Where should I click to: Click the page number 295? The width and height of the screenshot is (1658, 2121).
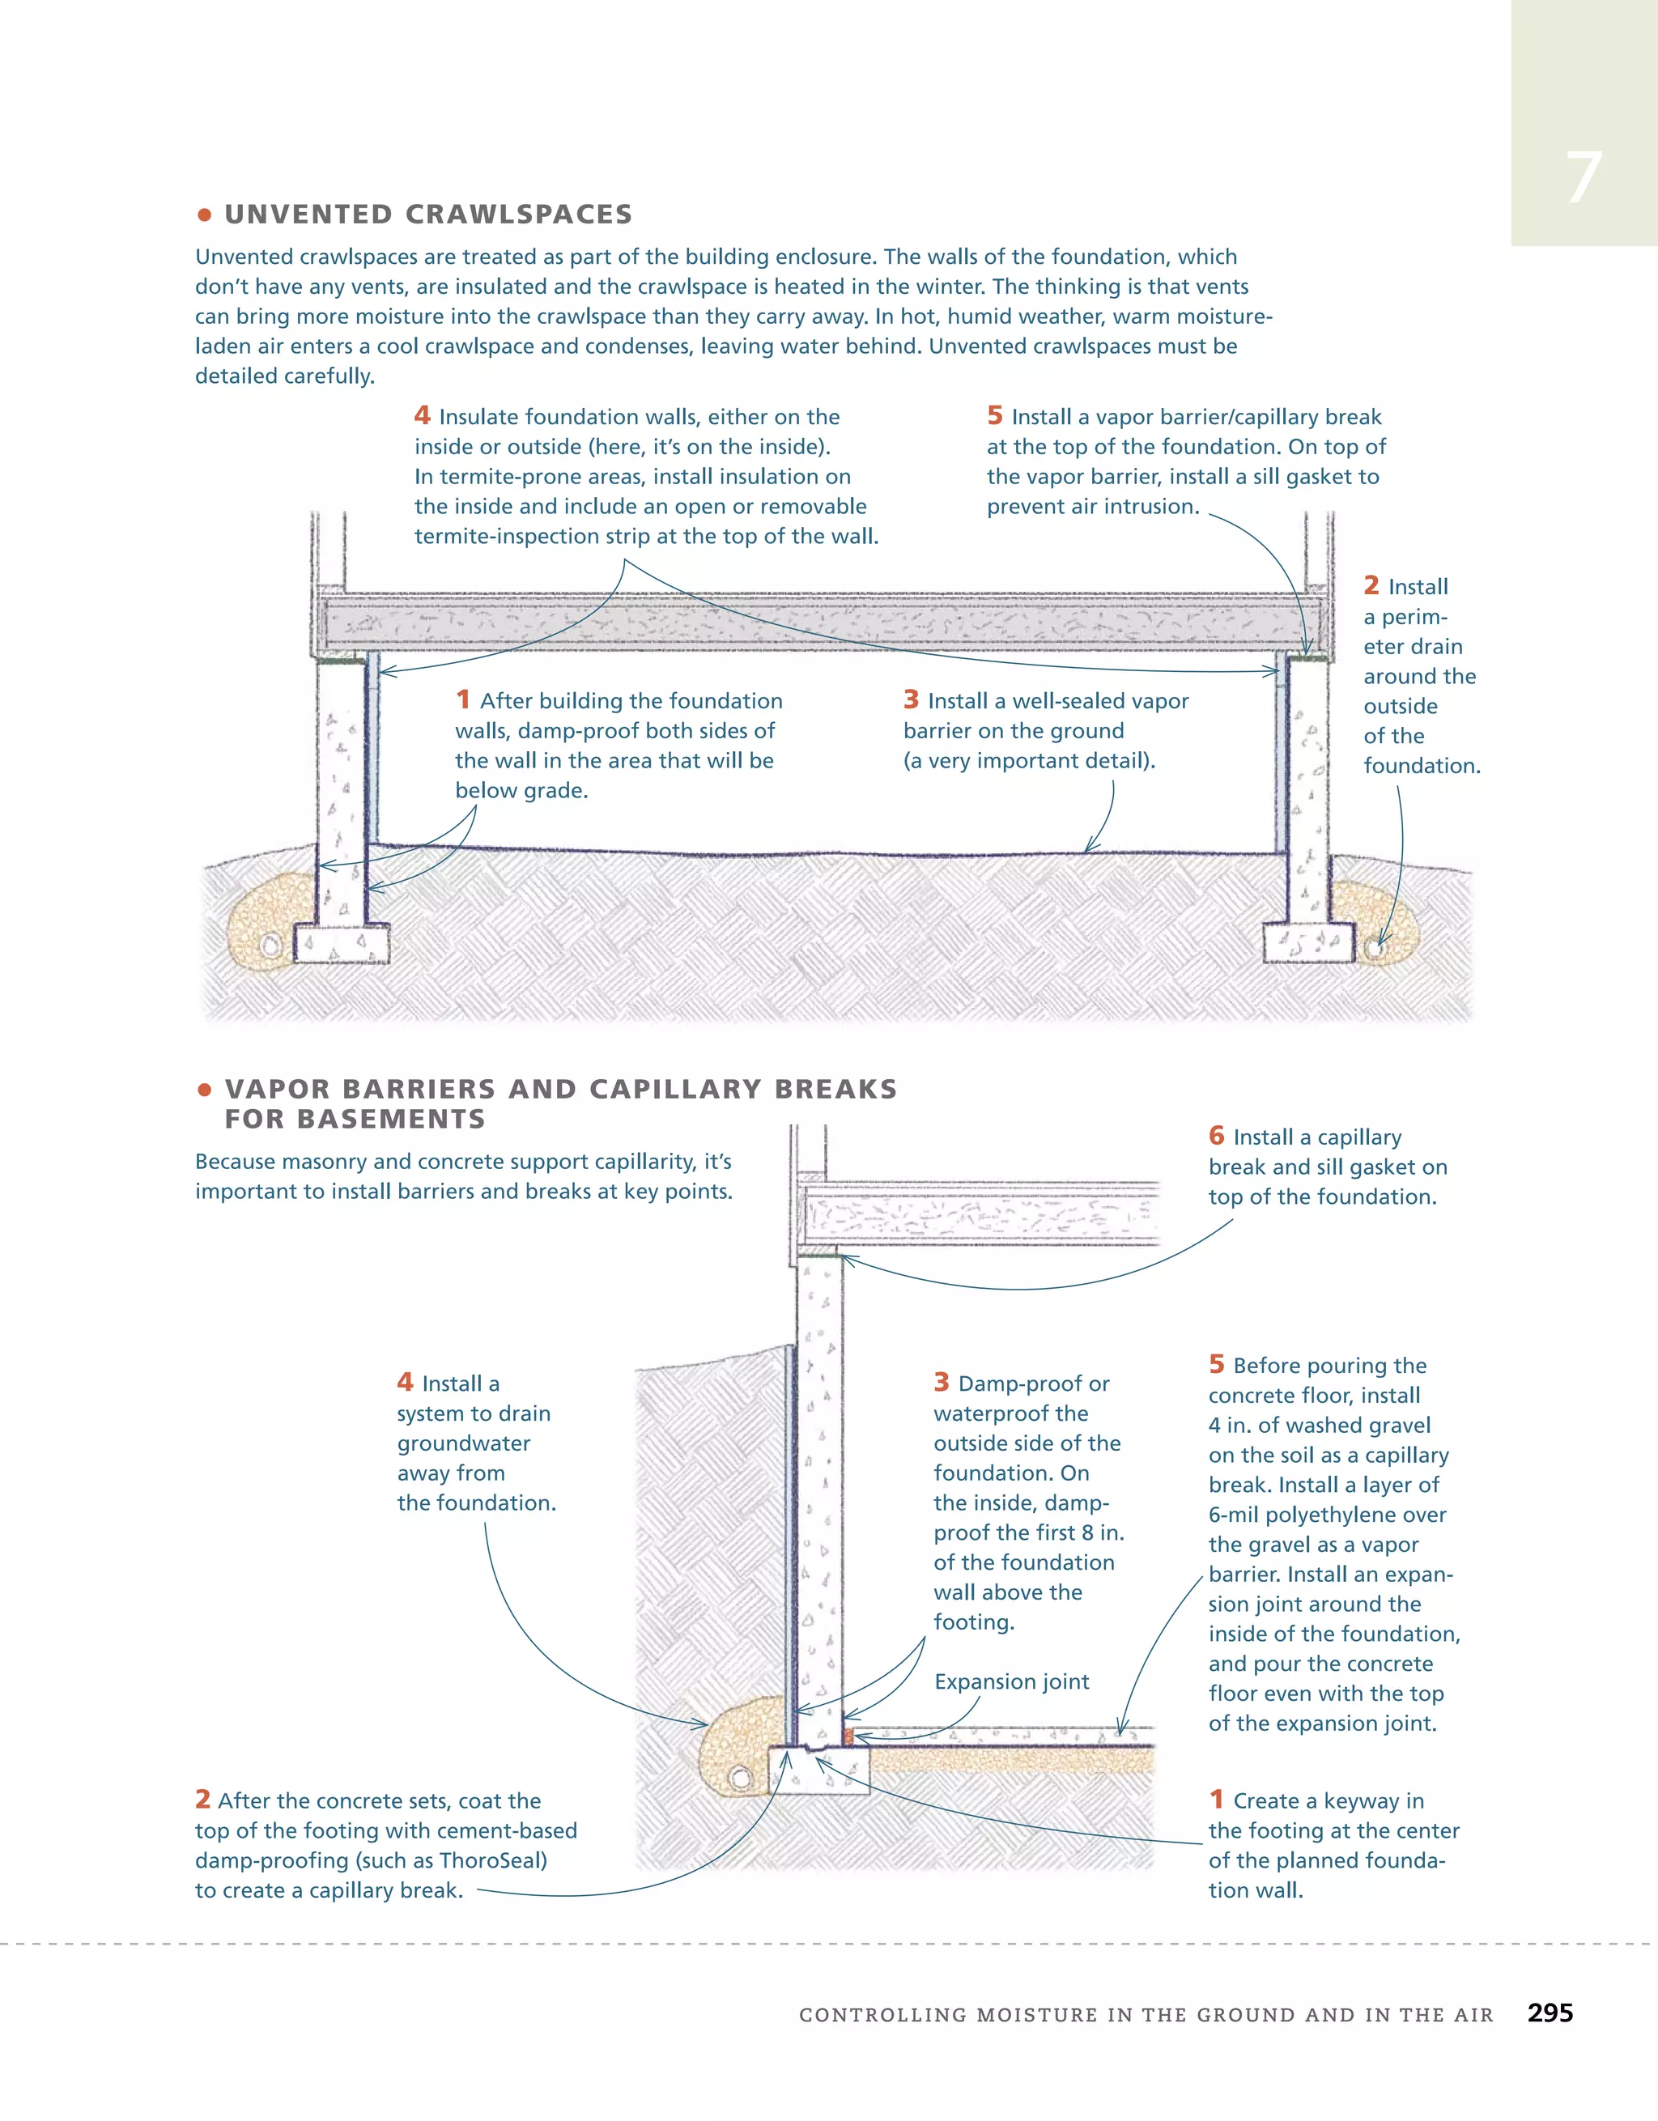[1550, 2013]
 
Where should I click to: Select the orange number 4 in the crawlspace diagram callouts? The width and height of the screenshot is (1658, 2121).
[422, 415]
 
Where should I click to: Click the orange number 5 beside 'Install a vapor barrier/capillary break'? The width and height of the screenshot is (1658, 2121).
[995, 415]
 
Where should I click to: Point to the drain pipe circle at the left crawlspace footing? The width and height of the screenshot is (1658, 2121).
[271, 945]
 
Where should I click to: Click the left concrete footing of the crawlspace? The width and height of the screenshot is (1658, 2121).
[341, 943]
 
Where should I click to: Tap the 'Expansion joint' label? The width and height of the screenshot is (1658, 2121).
[1011, 1681]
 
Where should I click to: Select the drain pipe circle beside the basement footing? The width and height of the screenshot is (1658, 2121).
[739, 1777]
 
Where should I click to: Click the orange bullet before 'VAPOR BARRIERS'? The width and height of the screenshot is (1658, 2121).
[204, 1090]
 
